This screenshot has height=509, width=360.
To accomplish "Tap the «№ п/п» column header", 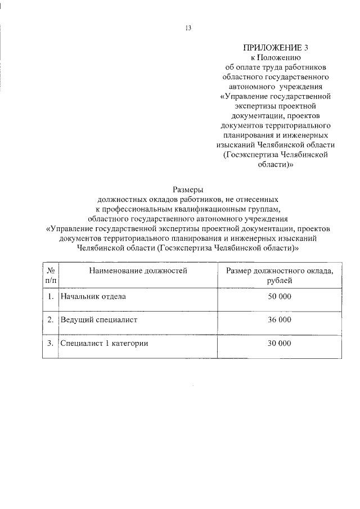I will click(51, 276).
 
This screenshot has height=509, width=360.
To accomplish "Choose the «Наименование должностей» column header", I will click(137, 271).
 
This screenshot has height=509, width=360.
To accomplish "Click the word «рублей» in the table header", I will click(280, 281).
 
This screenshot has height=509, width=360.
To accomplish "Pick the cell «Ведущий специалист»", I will click(99, 319).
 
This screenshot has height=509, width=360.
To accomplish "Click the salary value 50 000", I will click(280, 296).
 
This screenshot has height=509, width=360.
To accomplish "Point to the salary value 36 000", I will click(280, 319).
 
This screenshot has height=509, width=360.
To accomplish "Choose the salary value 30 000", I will click(280, 343).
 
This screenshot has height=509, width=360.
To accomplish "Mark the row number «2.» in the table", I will click(51, 319).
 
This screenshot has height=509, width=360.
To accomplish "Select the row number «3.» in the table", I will click(51, 343).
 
